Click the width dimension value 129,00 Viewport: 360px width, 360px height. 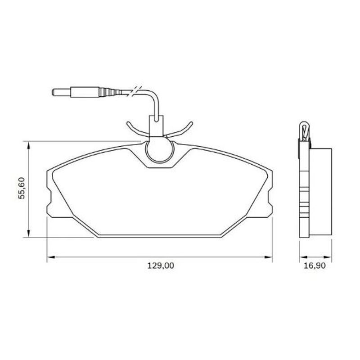click(160, 266)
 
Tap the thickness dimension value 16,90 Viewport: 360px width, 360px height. click(314, 266)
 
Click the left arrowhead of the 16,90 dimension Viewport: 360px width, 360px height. click(301, 257)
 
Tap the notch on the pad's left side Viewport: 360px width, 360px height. click(49, 198)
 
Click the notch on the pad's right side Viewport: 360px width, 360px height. click(270, 198)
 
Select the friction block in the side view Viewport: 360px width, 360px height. click(321, 191)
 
